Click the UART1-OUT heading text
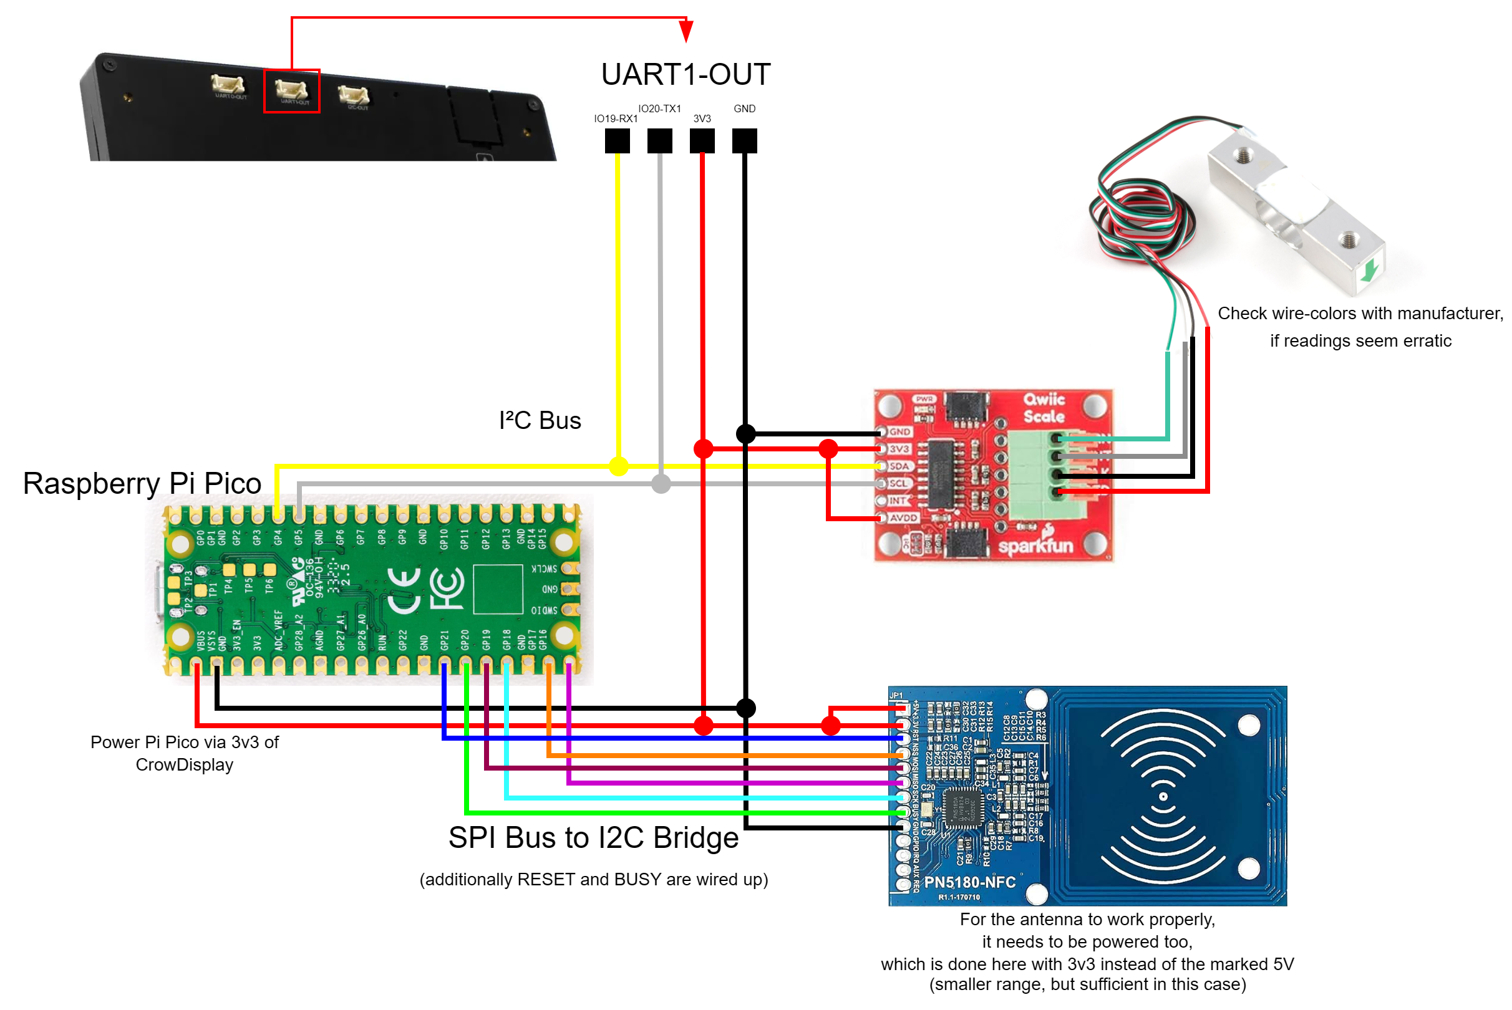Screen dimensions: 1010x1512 [686, 74]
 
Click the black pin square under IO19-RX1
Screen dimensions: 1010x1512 [618, 141]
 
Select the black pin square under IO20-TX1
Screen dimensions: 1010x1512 [660, 141]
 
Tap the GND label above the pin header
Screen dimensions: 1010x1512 [744, 109]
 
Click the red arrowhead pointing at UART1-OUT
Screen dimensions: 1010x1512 [686, 31]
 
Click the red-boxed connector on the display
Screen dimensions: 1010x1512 [291, 91]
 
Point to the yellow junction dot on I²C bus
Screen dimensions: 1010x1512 [619, 466]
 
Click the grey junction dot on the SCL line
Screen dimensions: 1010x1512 [661, 484]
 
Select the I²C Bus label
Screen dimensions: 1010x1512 [540, 421]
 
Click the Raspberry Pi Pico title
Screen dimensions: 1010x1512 [142, 483]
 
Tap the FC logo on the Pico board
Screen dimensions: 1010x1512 [446, 588]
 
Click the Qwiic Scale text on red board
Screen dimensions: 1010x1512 [1044, 408]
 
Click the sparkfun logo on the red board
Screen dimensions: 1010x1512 [1035, 545]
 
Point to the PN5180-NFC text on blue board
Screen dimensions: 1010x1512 [970, 882]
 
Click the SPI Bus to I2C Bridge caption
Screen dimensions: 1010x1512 [594, 838]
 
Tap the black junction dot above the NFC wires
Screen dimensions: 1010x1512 [745, 708]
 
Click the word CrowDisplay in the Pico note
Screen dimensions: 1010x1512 [185, 765]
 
